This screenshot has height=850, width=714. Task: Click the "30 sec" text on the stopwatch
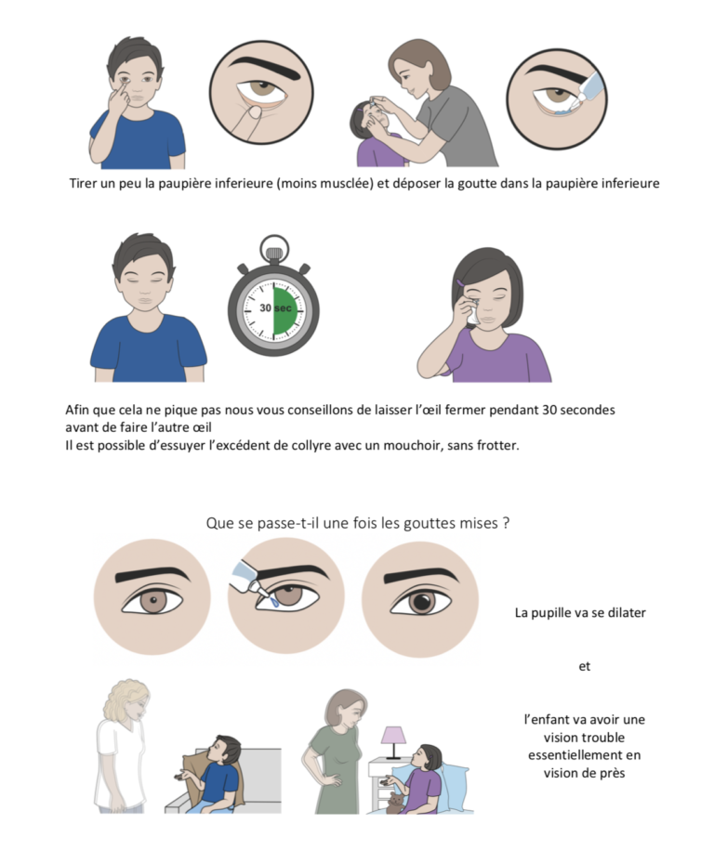point(272,307)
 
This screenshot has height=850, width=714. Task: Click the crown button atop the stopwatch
point(272,246)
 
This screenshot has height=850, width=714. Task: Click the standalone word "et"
point(584,666)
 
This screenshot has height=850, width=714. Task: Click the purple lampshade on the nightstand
point(394,736)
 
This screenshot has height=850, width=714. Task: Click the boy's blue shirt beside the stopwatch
point(149,349)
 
